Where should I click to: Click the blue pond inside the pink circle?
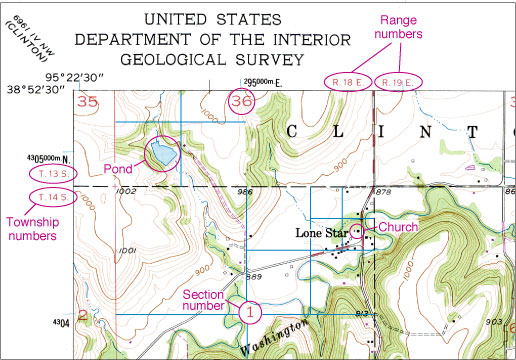pos(161,153)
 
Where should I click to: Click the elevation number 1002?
pos(126,190)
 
